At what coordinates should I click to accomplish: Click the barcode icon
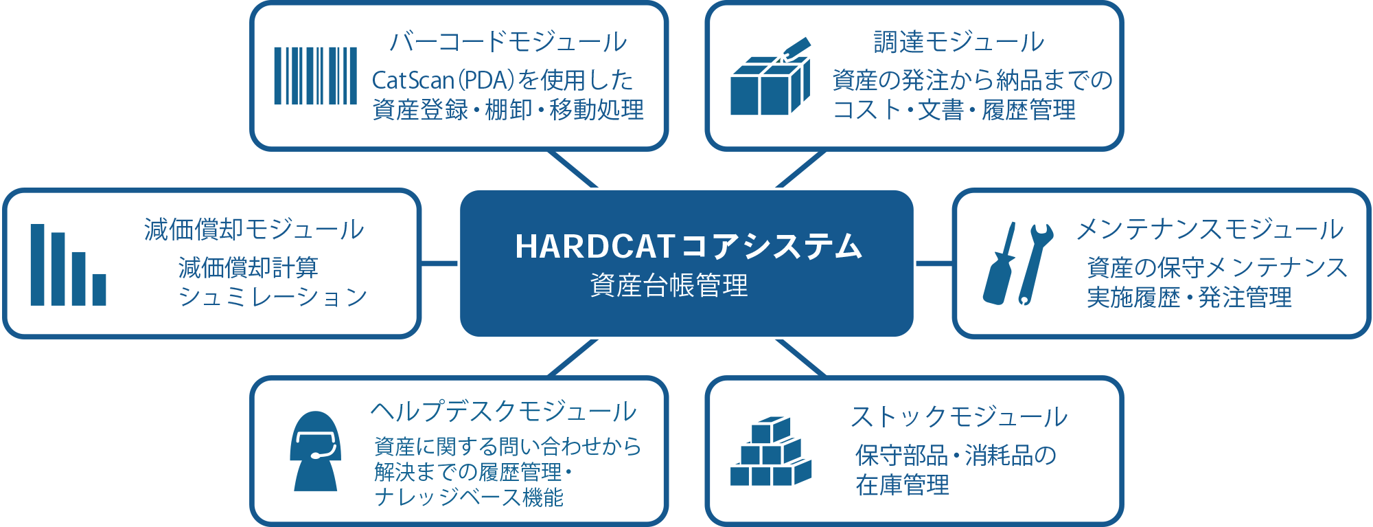tap(316, 76)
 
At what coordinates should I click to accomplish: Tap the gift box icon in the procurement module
tap(770, 77)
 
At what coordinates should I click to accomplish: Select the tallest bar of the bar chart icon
tap(37, 265)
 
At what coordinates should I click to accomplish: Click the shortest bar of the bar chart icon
tap(100, 290)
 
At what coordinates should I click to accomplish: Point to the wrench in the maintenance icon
tap(1035, 263)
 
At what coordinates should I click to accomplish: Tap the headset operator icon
tap(316, 451)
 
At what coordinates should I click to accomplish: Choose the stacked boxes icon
tap(770, 451)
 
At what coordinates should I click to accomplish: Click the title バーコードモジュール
tap(508, 42)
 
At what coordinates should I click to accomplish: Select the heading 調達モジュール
tap(958, 42)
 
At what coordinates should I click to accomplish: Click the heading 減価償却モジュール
tap(254, 229)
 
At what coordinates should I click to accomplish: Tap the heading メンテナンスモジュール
tap(1210, 229)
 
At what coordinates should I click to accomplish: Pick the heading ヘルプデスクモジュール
tap(504, 412)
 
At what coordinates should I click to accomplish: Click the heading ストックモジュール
tap(959, 416)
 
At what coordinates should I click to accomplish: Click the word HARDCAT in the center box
tap(595, 247)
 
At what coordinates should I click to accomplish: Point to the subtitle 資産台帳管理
tap(669, 285)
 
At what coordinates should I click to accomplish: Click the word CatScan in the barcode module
tap(413, 80)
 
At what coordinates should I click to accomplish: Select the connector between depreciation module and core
tap(439, 263)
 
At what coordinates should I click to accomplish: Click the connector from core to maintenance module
tap(934, 263)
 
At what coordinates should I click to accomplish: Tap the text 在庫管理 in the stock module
tap(902, 485)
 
